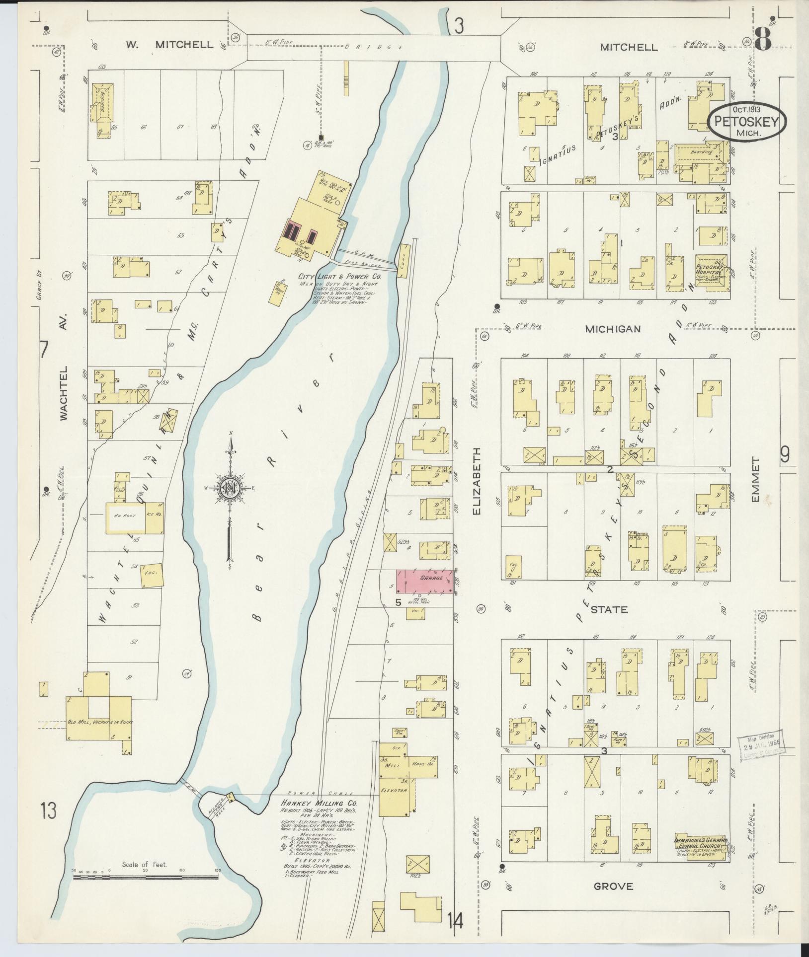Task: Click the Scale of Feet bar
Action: click(x=146, y=877)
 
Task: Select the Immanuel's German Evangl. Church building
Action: click(x=702, y=843)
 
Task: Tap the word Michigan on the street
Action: click(x=612, y=329)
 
